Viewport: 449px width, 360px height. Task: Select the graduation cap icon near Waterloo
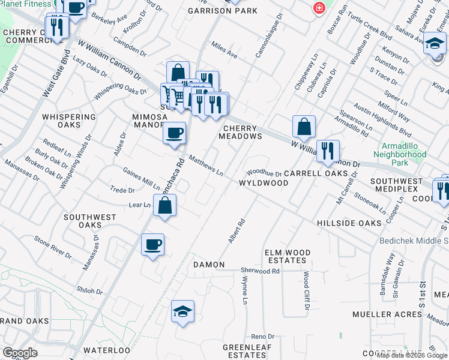tap(182, 311)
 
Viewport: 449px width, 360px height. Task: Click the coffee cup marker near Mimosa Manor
tap(174, 133)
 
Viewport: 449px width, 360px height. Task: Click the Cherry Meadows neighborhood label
tap(243, 132)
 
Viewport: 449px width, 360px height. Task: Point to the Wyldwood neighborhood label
tap(264, 182)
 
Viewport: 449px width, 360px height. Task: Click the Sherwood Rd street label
tap(261, 271)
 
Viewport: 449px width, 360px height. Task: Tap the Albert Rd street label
tap(237, 230)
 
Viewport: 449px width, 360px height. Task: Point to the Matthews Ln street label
tap(206, 166)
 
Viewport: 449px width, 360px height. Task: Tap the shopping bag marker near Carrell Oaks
tap(304, 127)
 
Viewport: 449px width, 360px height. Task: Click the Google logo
tap(20, 353)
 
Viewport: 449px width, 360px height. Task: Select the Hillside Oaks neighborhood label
tap(349, 223)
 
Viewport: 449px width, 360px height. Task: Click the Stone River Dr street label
tap(53, 247)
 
